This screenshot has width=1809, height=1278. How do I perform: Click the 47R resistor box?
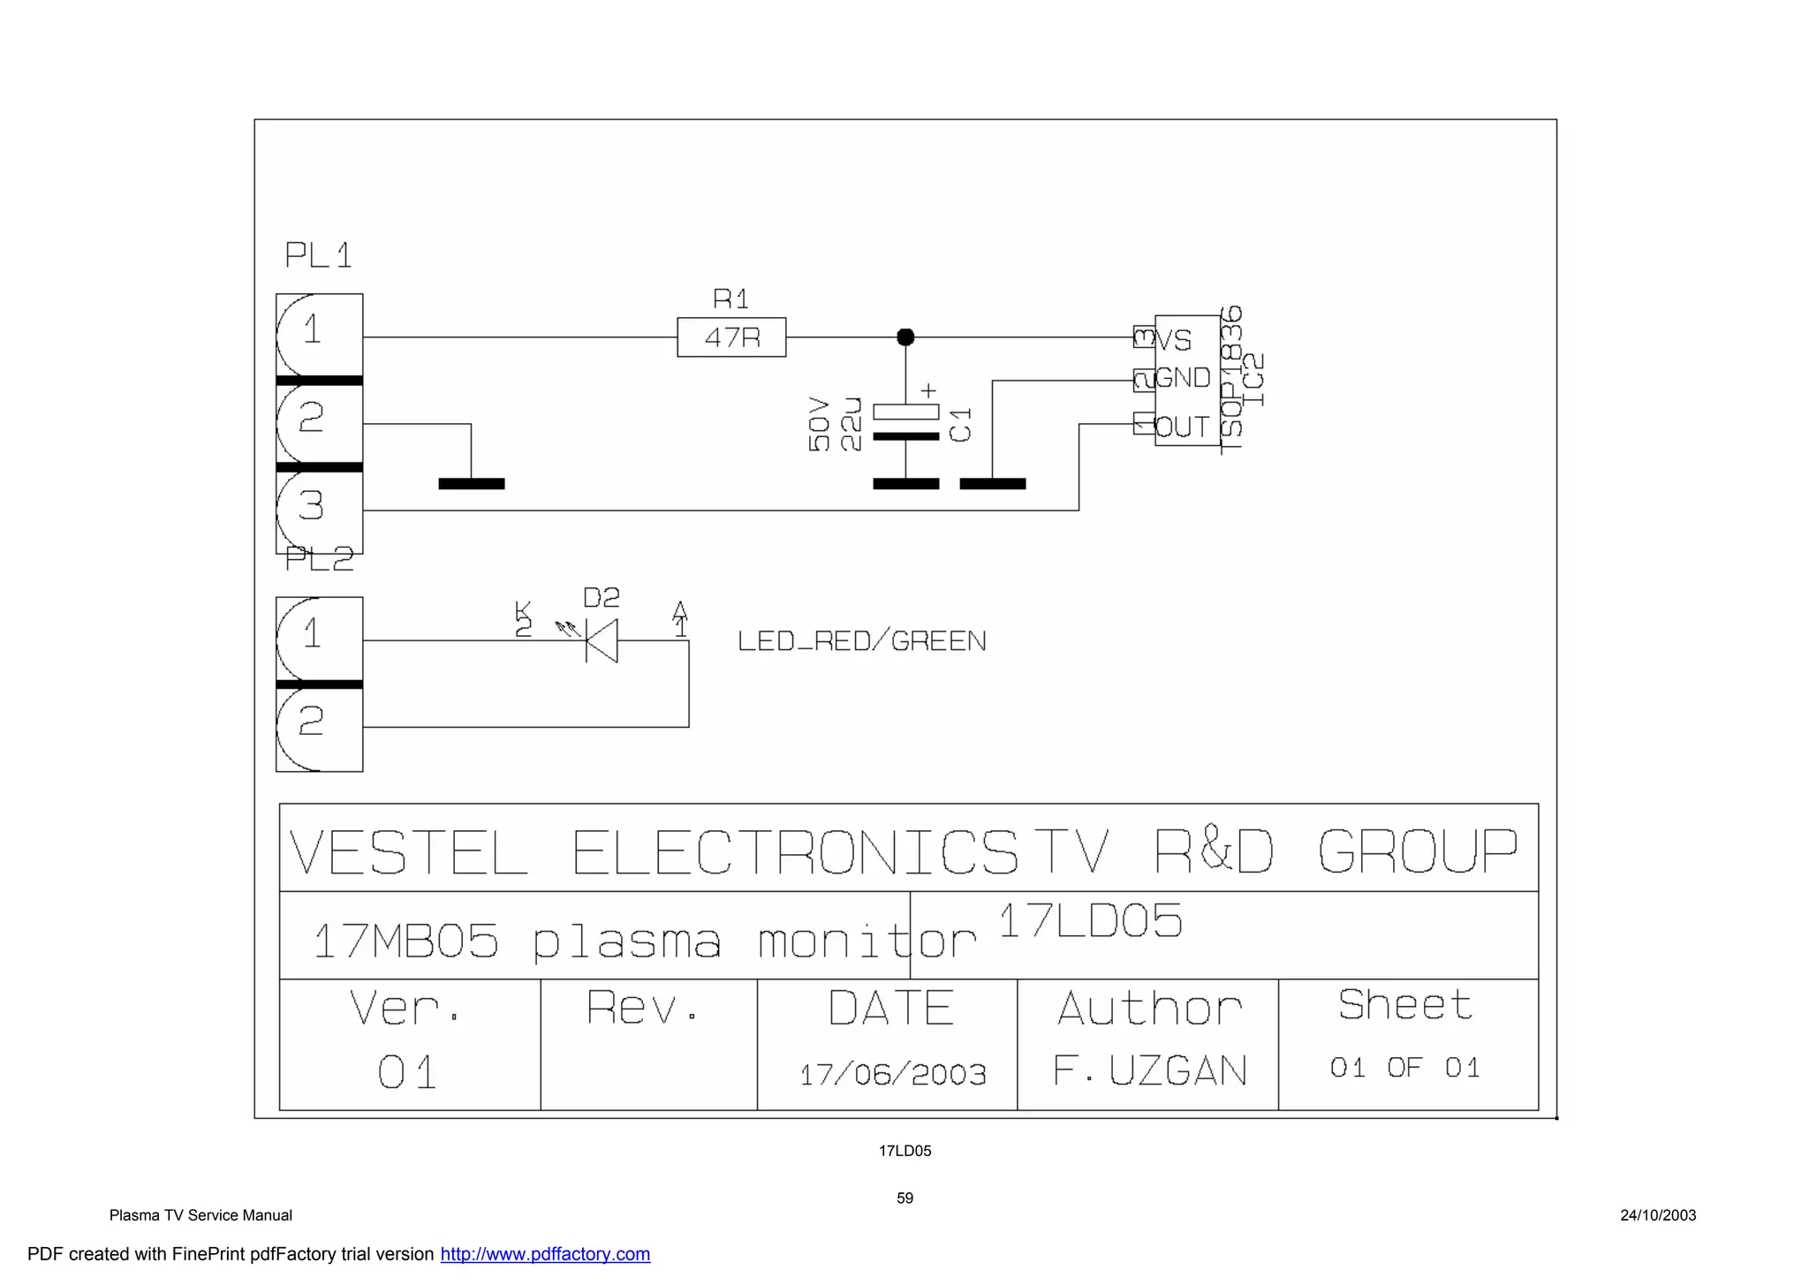click(x=731, y=337)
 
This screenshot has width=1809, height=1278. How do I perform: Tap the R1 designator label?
click(x=730, y=299)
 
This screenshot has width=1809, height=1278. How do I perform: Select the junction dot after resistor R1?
click(x=905, y=337)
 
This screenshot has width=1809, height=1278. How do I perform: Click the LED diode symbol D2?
click(x=602, y=640)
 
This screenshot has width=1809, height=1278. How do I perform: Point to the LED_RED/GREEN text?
click(x=861, y=641)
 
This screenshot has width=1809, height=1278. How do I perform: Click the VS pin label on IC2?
click(x=1175, y=340)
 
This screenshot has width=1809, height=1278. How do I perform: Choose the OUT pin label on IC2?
click(x=1182, y=427)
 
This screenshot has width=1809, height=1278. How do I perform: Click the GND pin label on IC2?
click(x=1183, y=378)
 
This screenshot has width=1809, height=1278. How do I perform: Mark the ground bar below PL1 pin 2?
click(x=472, y=484)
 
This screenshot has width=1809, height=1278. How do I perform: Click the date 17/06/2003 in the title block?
click(x=892, y=1075)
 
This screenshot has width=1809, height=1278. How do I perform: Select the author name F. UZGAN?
click(x=1149, y=1071)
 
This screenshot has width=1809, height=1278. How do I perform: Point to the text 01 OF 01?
click(x=1404, y=1068)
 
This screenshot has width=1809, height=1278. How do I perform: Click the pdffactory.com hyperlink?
click(x=545, y=1254)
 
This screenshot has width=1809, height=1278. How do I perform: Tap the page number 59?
click(x=904, y=1199)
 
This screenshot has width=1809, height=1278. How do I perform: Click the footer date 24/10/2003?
click(x=1657, y=1215)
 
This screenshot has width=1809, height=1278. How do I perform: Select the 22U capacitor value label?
click(x=851, y=424)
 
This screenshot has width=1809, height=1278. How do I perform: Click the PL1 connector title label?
click(x=318, y=255)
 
